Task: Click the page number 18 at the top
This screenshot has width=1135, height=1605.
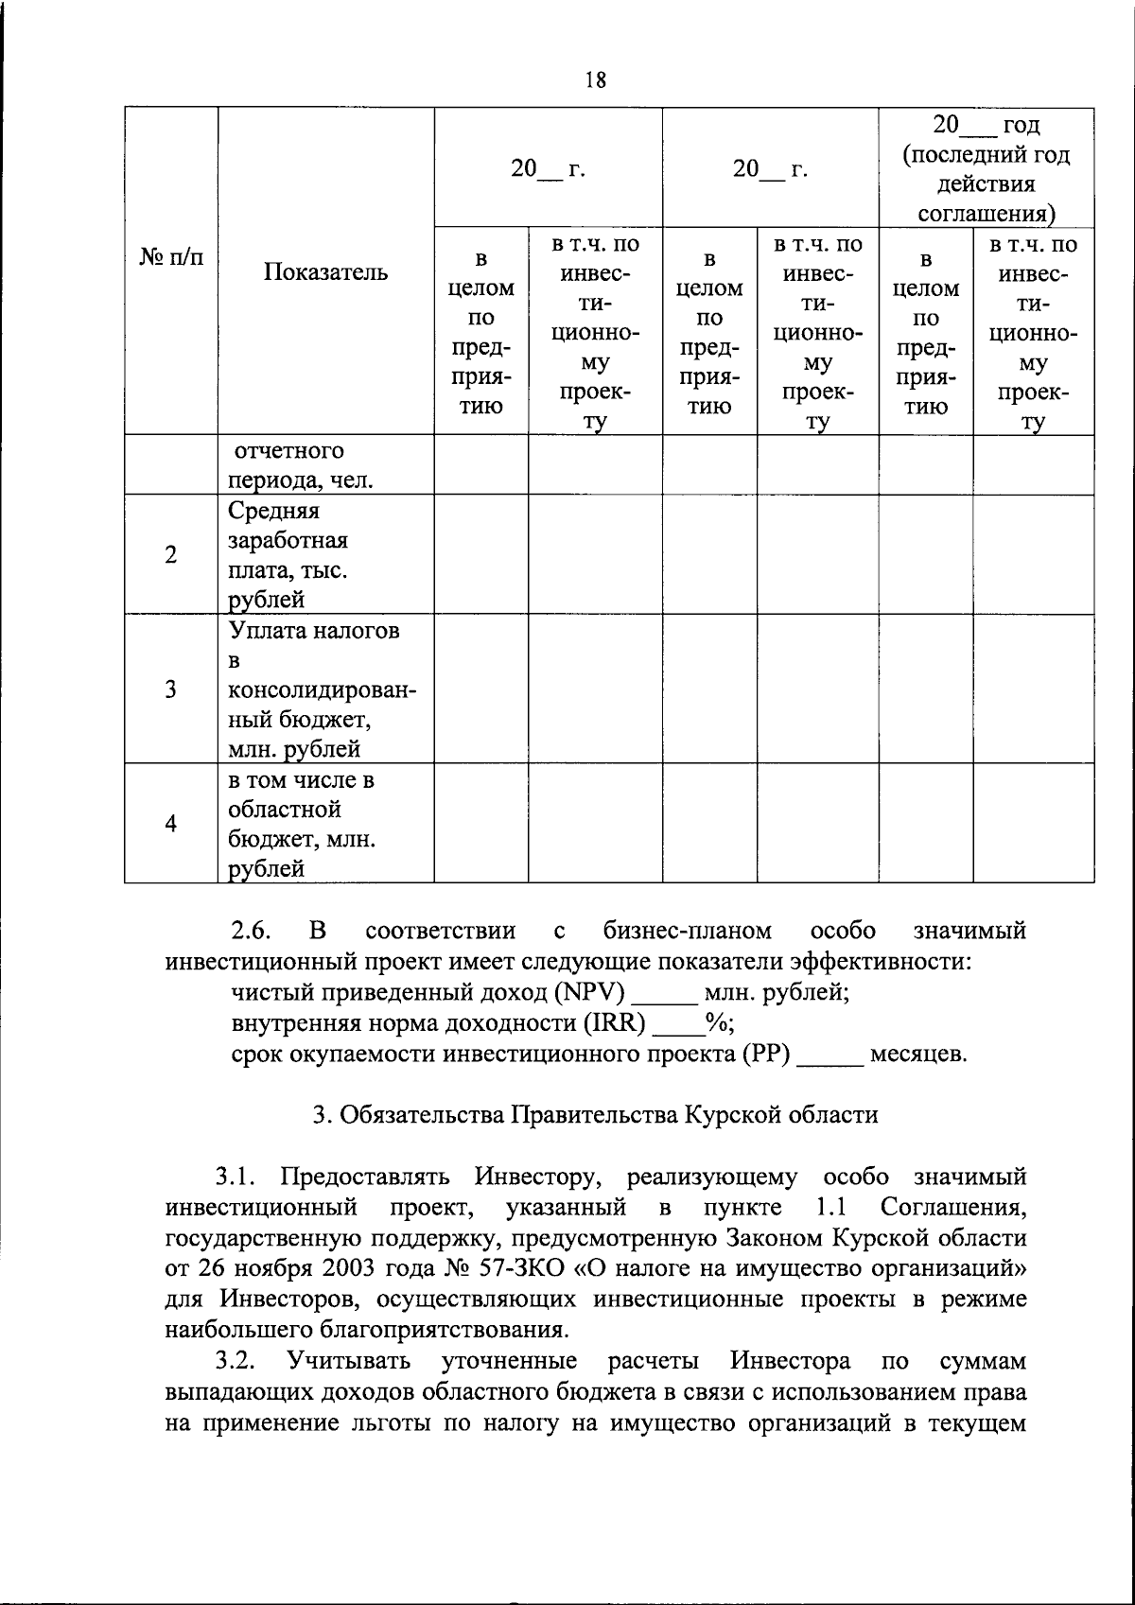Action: pos(595,80)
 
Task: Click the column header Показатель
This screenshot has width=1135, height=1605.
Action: pos(325,272)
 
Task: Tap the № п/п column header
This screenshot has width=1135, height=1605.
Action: pos(171,257)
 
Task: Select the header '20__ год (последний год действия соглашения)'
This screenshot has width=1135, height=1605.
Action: pos(987,168)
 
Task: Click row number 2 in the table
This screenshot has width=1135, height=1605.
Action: pos(170,555)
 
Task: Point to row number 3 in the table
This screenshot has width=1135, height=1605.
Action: pos(170,689)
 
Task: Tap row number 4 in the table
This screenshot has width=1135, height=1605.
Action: pos(170,824)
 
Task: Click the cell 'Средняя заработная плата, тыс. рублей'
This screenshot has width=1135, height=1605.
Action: pos(288,555)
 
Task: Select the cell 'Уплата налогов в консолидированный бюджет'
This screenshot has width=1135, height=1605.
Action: pos(322,689)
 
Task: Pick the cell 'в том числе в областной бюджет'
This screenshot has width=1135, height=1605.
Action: pos(302,824)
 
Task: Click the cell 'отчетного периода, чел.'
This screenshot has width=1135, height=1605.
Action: pos(300,465)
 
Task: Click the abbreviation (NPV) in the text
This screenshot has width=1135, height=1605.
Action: pos(591,993)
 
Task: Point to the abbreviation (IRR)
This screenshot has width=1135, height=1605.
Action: pos(620,1023)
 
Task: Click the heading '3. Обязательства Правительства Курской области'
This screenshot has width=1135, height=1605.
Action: pos(595,1115)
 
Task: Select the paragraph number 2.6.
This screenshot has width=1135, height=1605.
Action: pos(251,932)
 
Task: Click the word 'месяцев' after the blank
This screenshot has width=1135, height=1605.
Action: pos(917,1054)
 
